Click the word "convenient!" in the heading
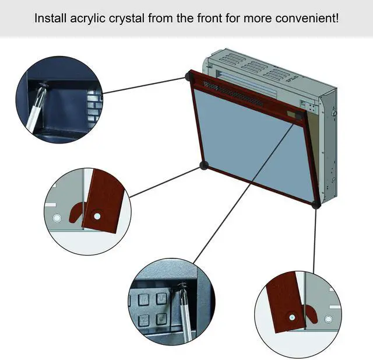point(309,18)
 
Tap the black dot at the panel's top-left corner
point(189,76)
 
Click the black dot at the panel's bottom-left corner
point(203,166)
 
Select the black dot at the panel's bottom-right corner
point(316,204)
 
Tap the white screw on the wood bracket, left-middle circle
point(97,216)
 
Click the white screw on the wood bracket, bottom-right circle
point(291,318)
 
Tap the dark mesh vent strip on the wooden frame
point(233,94)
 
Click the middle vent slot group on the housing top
point(253,68)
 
